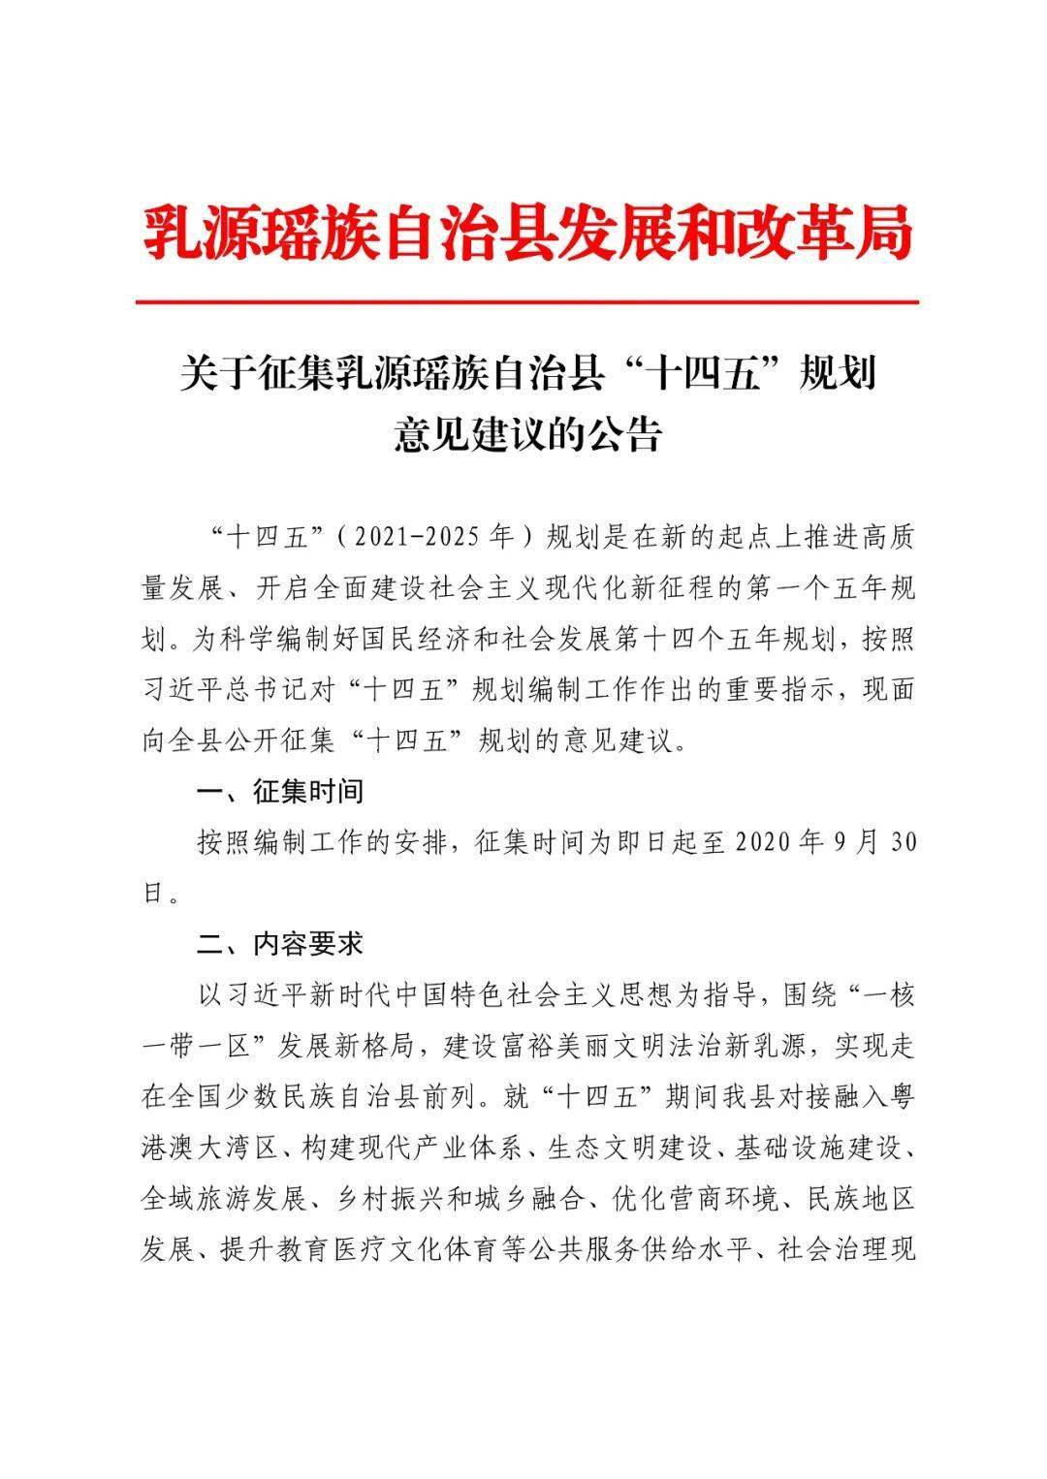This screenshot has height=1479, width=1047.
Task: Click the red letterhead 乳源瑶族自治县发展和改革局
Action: (527, 232)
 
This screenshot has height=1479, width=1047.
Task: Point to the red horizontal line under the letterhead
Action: (527, 302)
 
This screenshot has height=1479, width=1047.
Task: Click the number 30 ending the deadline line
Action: (902, 841)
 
